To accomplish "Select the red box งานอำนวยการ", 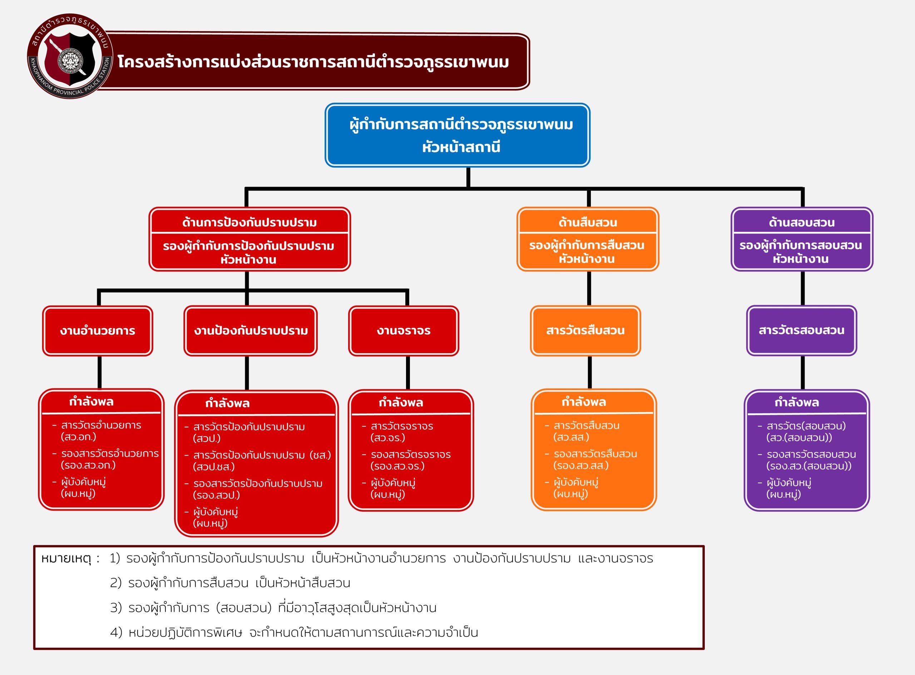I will coord(97,331).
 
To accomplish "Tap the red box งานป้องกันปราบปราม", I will coord(251,331).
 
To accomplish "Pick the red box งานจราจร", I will coord(404,331).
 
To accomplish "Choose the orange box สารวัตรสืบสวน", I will coord(585,330).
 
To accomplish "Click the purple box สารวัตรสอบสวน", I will coord(801,330).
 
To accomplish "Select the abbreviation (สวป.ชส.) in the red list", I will coord(214,467).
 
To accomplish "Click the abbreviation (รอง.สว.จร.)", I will coord(397,466).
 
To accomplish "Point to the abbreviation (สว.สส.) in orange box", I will coord(571,437).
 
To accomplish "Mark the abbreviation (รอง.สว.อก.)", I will coord(88,465).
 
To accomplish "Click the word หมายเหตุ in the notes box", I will coord(66,558).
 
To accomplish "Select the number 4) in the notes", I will coord(116,632).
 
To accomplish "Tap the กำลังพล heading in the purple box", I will coord(796,402).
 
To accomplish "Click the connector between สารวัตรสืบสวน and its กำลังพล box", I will coord(589,372).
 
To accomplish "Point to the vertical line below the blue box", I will coord(468,177).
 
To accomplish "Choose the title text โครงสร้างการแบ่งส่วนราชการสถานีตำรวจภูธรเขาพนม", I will coord(313,62).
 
